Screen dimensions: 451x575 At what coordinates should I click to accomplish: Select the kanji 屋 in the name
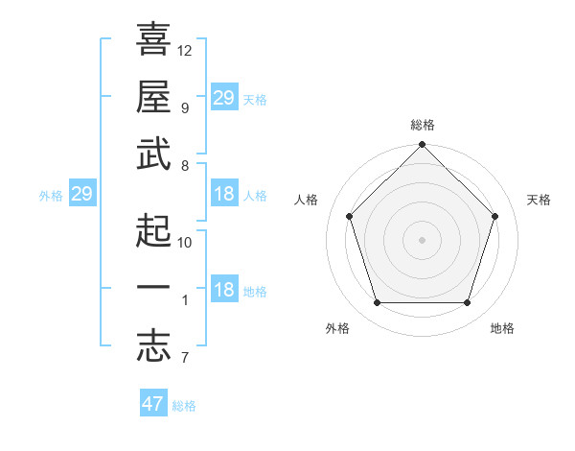[x=153, y=96]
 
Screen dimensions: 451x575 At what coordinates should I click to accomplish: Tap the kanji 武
[x=153, y=154]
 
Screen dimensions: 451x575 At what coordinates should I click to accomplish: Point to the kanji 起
[x=153, y=230]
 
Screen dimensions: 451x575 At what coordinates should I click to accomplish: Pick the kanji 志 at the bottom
[x=153, y=347]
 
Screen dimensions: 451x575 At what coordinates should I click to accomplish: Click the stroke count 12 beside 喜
[x=185, y=50]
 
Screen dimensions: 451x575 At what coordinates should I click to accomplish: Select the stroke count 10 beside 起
[x=185, y=242]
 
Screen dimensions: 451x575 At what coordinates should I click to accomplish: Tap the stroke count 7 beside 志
[x=184, y=359]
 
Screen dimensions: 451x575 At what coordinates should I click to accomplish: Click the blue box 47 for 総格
[x=153, y=404]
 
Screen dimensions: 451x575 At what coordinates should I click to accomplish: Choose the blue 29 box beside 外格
[x=81, y=195]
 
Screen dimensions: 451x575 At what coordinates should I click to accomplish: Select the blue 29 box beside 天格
[x=223, y=97]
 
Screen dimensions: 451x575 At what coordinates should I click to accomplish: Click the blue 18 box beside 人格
[x=223, y=195]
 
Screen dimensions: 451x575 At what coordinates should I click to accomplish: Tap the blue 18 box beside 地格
[x=223, y=291]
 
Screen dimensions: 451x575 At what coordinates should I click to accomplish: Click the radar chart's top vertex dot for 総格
[x=422, y=146]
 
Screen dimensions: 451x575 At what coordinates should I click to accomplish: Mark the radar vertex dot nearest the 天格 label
[x=495, y=216]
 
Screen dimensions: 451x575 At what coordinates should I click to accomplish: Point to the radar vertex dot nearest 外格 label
[x=377, y=303]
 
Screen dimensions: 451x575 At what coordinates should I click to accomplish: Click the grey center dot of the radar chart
[x=422, y=239]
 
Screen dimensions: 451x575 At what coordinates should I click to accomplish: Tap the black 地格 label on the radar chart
[x=502, y=328]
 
